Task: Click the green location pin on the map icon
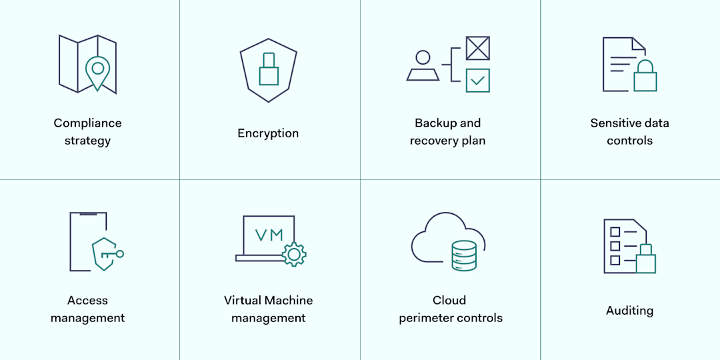point(98,71)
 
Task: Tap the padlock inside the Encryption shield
point(269,70)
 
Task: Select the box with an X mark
point(477,48)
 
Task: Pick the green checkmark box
point(477,80)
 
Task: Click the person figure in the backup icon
point(423,65)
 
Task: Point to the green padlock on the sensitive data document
point(645,76)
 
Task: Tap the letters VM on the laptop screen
point(269,235)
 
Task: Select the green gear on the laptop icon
point(293,254)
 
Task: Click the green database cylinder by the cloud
point(464,255)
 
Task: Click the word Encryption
point(268,133)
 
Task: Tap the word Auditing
point(629,311)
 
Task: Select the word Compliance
point(87,123)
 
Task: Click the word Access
point(87,301)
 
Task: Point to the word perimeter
point(425,318)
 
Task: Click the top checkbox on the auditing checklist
point(615,232)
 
